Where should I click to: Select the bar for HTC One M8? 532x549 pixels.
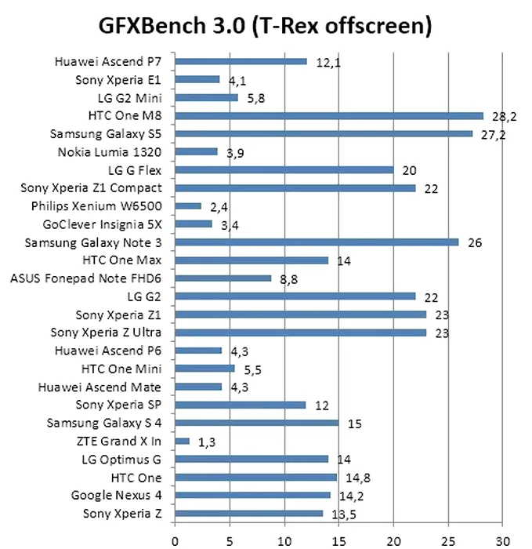pos(329,115)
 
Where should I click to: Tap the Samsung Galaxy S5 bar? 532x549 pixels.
pos(324,133)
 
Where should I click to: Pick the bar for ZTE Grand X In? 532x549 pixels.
pos(182,441)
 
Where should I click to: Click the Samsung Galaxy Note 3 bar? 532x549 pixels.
pos(317,242)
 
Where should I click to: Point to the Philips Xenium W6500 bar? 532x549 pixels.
pos(188,205)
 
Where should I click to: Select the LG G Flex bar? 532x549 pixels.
pos(284,169)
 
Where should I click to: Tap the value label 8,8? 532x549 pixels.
pos(290,278)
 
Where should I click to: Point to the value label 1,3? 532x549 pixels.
pos(207,442)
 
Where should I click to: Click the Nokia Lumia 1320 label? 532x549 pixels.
pos(110,151)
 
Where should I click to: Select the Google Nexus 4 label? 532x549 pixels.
pos(116,495)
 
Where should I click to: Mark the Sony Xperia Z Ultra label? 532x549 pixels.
pos(106,333)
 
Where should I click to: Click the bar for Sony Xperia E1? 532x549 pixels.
pos(197,79)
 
